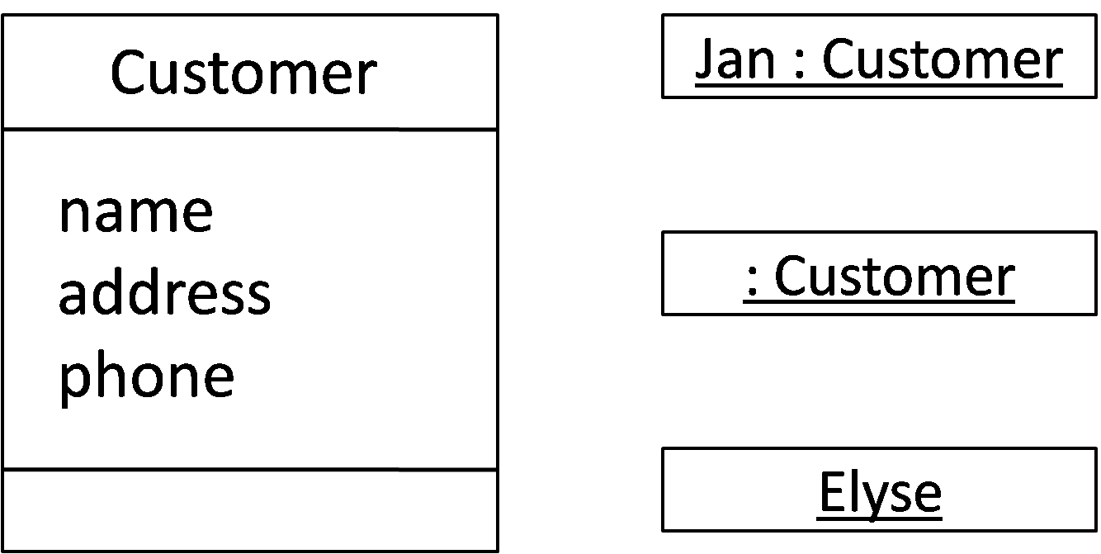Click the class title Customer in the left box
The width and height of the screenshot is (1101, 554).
(243, 73)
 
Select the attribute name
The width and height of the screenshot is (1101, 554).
(135, 211)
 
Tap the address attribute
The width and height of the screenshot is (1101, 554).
(164, 293)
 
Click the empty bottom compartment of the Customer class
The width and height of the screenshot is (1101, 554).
(250, 509)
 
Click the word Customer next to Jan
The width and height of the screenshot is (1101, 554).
(942, 59)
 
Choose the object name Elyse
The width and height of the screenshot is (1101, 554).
(880, 492)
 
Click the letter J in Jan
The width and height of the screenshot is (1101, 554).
(704, 59)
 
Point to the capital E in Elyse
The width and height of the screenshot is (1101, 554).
(830, 492)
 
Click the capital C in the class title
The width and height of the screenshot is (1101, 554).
(128, 73)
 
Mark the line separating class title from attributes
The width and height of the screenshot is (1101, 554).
(250, 130)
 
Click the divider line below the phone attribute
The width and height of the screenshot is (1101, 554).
(250, 469)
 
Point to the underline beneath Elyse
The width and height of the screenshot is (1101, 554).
(880, 518)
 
